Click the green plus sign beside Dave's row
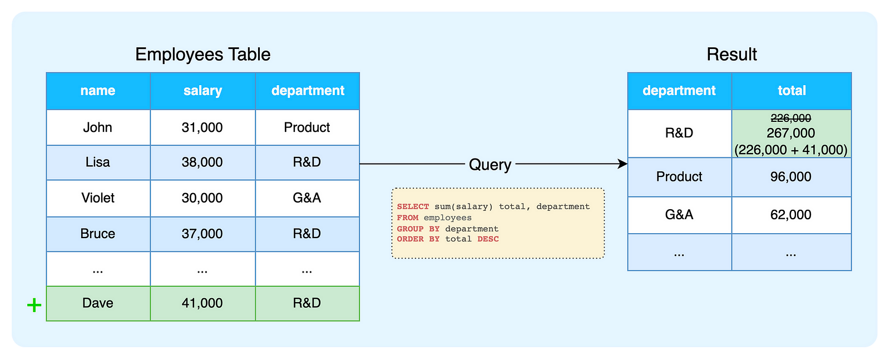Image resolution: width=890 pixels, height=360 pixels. [x=34, y=305]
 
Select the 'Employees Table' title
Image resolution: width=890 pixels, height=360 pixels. [x=202, y=55]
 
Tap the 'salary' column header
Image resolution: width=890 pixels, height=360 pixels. [x=202, y=91]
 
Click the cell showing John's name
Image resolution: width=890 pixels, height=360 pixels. [x=98, y=127]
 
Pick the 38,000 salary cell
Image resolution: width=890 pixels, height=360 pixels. [x=202, y=162]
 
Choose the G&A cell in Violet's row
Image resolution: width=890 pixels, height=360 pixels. [x=307, y=198]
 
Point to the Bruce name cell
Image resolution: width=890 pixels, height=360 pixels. [x=98, y=234]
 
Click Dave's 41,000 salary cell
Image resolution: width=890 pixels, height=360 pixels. [x=202, y=303]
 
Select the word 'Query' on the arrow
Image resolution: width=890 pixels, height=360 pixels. [x=489, y=165]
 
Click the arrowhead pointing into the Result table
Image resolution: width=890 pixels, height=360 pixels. [x=623, y=164]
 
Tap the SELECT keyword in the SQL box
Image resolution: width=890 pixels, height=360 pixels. [x=413, y=206]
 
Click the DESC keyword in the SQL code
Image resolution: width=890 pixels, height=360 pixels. [x=488, y=239]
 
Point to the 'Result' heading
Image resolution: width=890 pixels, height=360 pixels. [x=731, y=55]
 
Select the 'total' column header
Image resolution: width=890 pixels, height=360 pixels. [x=792, y=91]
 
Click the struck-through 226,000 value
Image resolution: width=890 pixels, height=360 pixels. [x=790, y=119]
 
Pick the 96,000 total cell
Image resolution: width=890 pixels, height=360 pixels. [x=790, y=177]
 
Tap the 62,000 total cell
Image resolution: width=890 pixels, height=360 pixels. [x=790, y=215]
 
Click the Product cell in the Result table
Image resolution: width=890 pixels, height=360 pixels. [x=679, y=177]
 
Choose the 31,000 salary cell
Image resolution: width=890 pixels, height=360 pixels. [x=202, y=127]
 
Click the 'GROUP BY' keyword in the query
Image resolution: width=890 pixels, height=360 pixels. [x=418, y=229]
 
